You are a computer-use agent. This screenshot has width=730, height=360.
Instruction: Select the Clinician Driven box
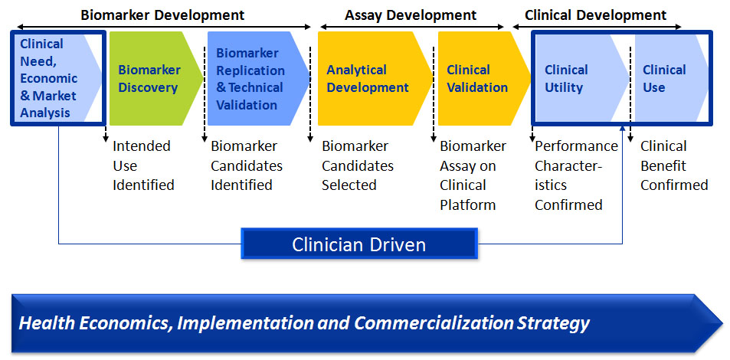pyautogui.click(x=359, y=244)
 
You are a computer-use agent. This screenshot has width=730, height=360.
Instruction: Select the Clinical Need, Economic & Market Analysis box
pyautogui.click(x=58, y=78)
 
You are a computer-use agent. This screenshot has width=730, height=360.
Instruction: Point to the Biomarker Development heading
pyautogui.click(x=162, y=15)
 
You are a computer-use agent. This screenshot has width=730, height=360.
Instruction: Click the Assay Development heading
pyautogui.click(x=411, y=15)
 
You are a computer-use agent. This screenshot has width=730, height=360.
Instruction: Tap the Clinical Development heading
pyautogui.click(x=595, y=15)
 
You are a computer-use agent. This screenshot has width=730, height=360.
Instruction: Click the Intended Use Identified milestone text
pyautogui.click(x=143, y=165)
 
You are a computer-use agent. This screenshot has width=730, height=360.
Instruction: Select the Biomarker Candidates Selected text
pyautogui.click(x=358, y=165)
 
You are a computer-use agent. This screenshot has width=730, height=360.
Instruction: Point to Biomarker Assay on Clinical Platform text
pyautogui.click(x=473, y=175)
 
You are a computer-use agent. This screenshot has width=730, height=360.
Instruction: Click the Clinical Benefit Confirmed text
pyautogui.click(x=674, y=165)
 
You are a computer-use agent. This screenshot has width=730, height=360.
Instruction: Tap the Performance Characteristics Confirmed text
pyautogui.click(x=576, y=175)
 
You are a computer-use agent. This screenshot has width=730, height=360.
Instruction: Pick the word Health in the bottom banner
pyautogui.click(x=41, y=322)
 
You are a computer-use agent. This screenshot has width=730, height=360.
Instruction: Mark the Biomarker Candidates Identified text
pyautogui.click(x=247, y=165)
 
